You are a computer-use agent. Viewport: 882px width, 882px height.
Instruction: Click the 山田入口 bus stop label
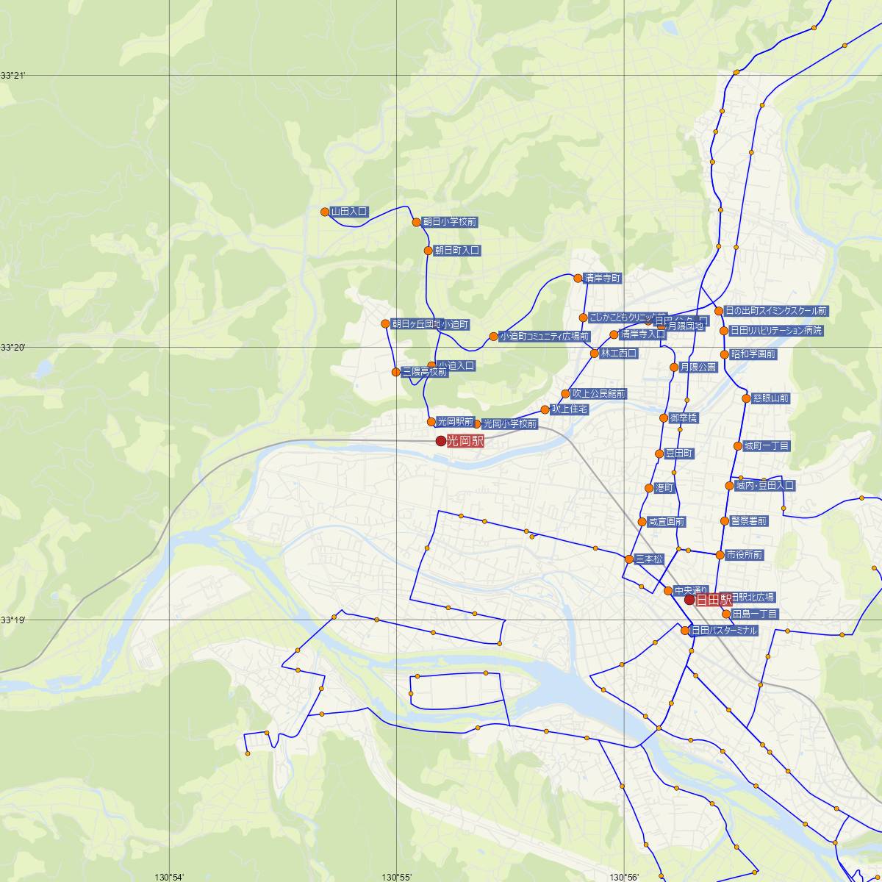(x=349, y=212)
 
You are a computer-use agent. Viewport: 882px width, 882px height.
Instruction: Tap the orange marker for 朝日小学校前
(x=416, y=222)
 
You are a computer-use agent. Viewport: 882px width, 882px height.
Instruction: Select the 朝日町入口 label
(x=457, y=251)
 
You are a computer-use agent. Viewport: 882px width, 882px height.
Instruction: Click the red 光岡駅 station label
(x=465, y=441)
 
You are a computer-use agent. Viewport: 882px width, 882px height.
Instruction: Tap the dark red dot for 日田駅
(x=689, y=600)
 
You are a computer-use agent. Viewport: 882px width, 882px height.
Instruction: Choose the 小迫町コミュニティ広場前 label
(x=544, y=337)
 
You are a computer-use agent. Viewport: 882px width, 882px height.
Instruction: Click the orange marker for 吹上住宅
(x=545, y=409)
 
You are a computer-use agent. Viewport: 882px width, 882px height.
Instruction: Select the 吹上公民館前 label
(x=599, y=394)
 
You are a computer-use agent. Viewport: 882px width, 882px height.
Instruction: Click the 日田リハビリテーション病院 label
(x=776, y=331)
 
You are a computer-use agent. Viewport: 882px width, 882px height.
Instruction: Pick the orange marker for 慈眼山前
(x=747, y=398)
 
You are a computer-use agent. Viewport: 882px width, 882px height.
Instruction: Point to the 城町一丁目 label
(x=767, y=446)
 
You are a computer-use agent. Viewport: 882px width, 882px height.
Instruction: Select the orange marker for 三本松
(x=629, y=559)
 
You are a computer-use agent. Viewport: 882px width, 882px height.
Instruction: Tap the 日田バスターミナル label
(x=723, y=631)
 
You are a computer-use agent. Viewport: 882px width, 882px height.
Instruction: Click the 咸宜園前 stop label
(x=666, y=522)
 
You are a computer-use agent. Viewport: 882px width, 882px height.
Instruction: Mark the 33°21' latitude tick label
(x=12, y=76)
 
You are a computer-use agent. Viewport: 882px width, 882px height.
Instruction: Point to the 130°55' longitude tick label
(x=396, y=876)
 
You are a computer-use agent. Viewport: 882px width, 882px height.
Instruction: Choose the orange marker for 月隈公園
(x=673, y=367)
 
